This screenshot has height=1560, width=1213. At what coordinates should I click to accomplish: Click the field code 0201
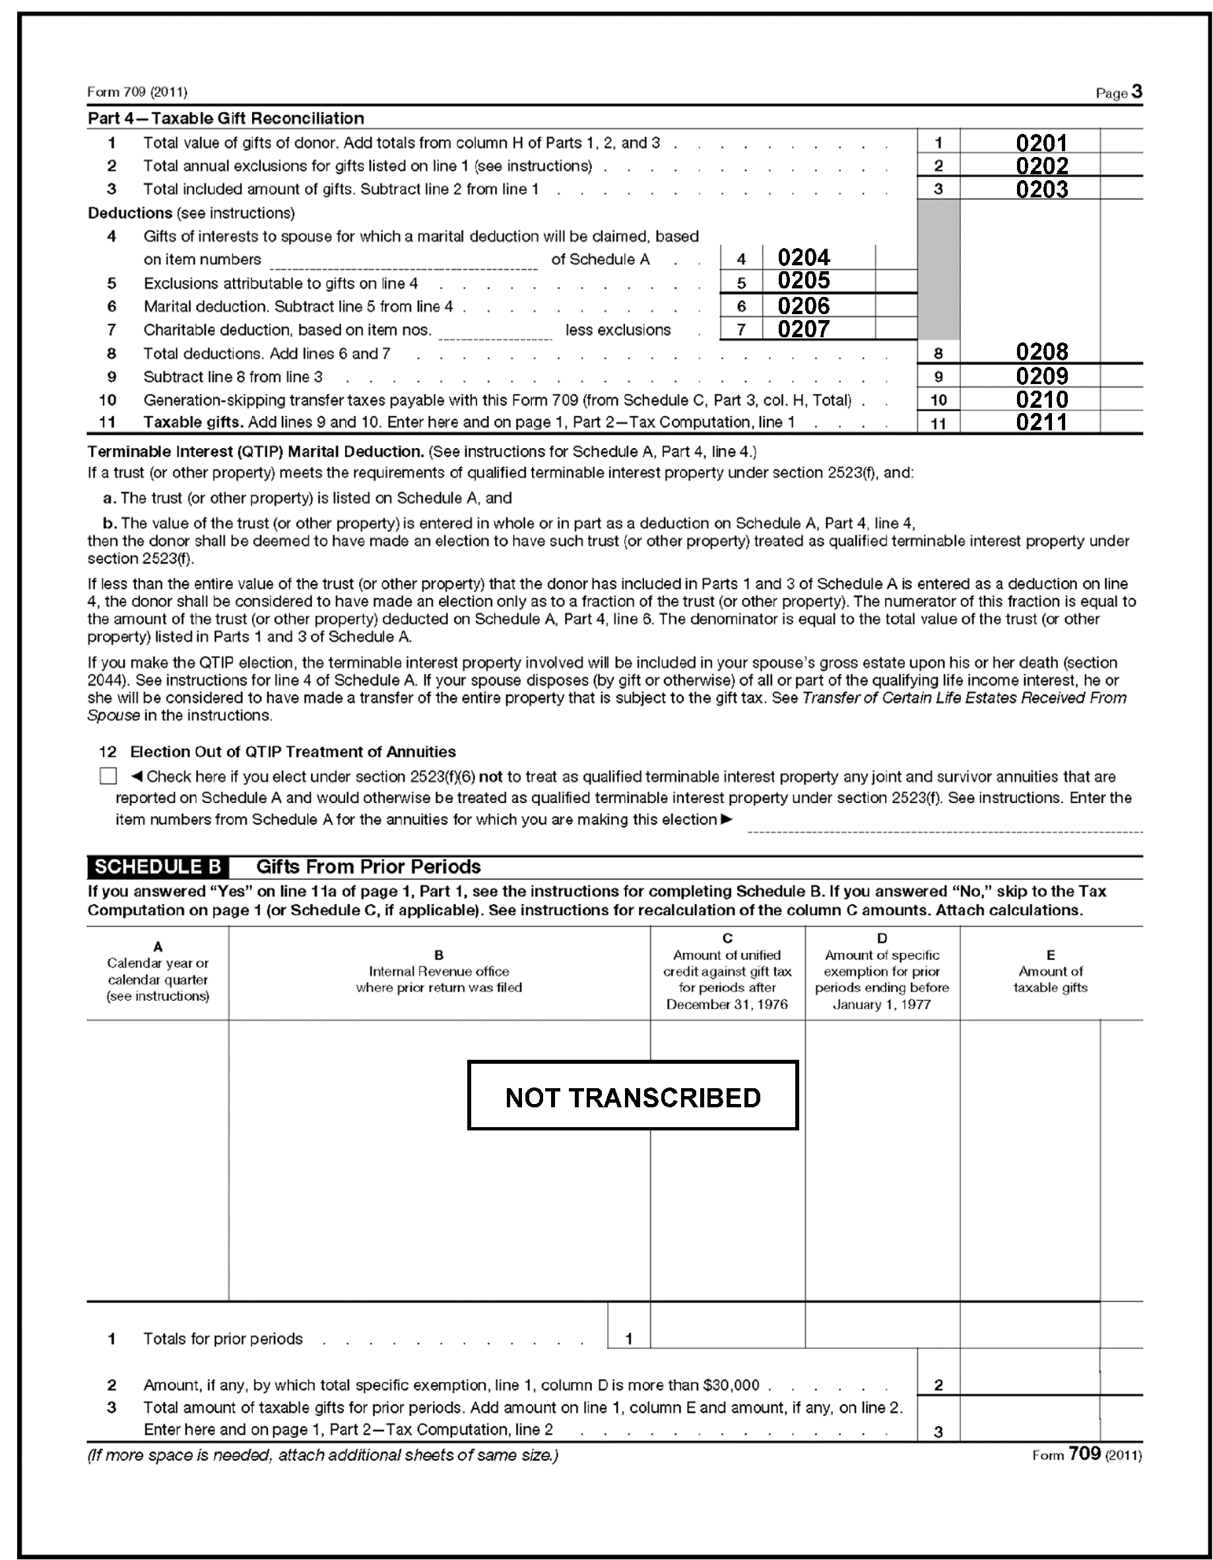[1041, 143]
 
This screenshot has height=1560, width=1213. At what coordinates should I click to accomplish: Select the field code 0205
[804, 280]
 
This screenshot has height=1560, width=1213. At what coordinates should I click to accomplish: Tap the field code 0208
[1041, 352]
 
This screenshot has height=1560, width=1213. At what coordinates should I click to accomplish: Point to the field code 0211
[1041, 422]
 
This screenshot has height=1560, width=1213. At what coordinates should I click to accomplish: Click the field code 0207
[804, 329]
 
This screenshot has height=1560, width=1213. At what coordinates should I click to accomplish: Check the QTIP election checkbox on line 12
[108, 776]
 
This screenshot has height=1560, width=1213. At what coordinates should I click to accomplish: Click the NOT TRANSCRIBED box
[632, 1097]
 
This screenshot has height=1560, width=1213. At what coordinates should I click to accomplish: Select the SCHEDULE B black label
[158, 867]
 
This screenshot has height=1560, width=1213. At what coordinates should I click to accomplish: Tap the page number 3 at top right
[1136, 92]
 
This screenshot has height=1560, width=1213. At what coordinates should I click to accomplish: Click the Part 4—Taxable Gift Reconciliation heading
[226, 119]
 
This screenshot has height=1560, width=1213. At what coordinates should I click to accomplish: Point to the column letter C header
[727, 938]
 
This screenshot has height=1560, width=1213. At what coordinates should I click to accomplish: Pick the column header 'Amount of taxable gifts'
[1050, 979]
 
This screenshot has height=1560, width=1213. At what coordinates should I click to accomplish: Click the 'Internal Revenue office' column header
[439, 971]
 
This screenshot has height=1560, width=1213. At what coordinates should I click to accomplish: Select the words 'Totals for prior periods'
[223, 1338]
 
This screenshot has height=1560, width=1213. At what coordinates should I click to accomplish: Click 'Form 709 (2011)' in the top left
[137, 92]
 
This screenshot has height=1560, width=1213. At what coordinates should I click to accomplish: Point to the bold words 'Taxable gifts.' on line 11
[193, 422]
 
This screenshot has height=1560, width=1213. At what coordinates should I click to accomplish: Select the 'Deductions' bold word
[130, 213]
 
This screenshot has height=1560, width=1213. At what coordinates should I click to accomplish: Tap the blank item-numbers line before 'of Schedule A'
[404, 261]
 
